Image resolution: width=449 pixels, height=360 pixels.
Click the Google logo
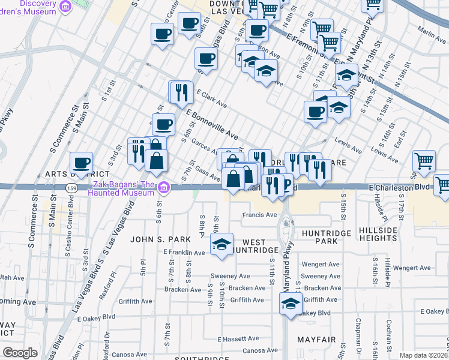[x=20, y=352]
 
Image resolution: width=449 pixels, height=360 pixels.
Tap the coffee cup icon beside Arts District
[x=82, y=163]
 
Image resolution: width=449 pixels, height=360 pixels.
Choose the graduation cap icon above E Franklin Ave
[x=221, y=244]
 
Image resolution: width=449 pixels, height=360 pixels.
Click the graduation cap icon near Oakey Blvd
[x=291, y=303]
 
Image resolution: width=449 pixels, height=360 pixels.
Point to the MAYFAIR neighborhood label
[x=316, y=340]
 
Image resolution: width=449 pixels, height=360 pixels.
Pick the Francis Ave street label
[x=259, y=215]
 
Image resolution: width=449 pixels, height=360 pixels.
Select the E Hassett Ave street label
[x=238, y=339]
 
